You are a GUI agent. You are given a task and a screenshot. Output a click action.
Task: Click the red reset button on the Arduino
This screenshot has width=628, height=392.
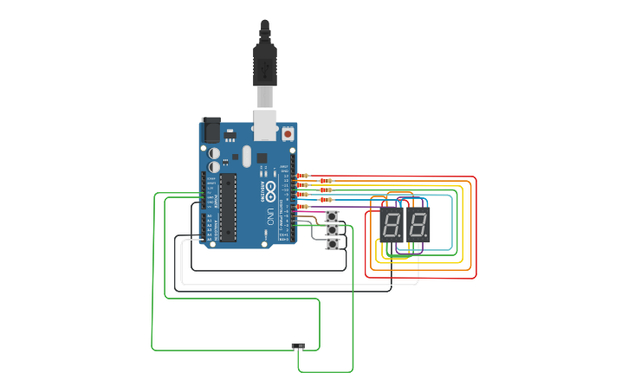(287, 134)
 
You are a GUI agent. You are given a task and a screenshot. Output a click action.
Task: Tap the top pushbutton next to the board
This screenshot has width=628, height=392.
(332, 215)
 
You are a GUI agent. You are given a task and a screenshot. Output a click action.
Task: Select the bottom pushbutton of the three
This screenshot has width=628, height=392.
(332, 245)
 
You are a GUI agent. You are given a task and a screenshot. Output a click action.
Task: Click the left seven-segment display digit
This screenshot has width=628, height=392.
(392, 225)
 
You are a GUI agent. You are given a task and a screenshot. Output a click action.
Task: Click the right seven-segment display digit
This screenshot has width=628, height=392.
(418, 225)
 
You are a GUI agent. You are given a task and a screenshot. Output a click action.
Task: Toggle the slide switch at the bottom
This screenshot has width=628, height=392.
(298, 345)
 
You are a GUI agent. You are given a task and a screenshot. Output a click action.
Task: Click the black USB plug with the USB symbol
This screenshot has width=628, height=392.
(264, 64)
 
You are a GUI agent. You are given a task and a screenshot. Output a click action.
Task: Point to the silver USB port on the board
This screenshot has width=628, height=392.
(264, 124)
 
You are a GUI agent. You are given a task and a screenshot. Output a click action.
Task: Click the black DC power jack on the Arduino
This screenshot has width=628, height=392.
(210, 130)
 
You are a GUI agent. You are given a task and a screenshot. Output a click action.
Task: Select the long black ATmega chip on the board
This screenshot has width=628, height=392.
(227, 208)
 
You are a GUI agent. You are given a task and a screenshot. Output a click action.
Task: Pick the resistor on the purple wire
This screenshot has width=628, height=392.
(302, 208)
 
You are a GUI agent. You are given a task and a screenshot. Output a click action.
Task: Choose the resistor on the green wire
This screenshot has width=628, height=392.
(326, 189)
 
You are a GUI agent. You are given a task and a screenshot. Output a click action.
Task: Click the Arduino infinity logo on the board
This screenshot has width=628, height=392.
(269, 188)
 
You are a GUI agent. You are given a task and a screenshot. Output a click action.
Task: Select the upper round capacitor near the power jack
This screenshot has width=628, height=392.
(214, 153)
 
